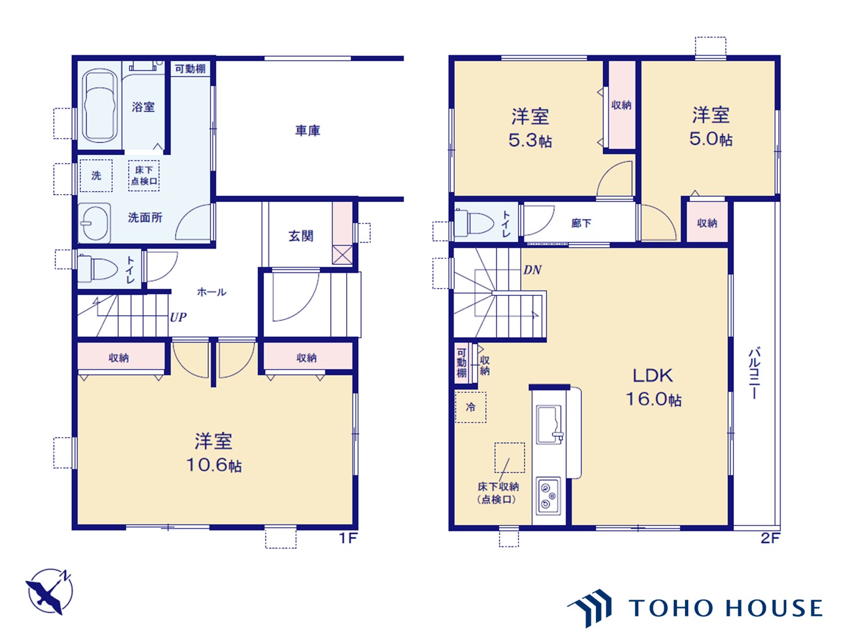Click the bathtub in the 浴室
100,106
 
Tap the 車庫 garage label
307,131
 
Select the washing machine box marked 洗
96,176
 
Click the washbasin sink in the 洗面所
95,223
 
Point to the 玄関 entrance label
301,236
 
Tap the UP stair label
178,318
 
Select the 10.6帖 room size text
214,465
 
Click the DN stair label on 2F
532,270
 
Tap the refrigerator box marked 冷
471,407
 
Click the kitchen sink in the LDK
549,425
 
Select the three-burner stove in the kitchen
548,496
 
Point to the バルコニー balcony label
754,374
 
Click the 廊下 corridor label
581,223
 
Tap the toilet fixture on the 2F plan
474,223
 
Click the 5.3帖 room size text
530,141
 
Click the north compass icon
50,591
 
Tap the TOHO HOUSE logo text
725,608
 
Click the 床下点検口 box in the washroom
144,176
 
